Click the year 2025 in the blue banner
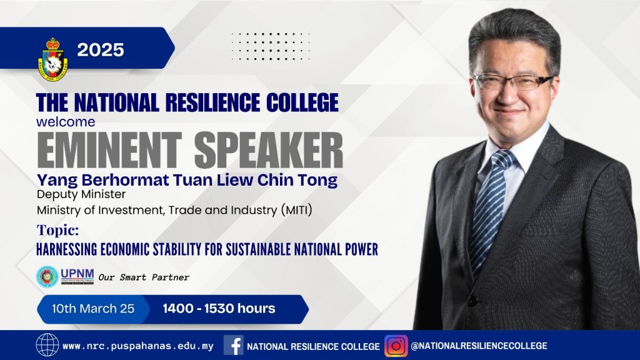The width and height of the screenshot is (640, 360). click(x=101, y=50)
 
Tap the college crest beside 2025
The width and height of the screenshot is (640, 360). click(x=52, y=59)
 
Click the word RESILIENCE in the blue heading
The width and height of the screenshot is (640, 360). click(x=212, y=102)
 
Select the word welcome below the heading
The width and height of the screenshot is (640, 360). click(x=66, y=122)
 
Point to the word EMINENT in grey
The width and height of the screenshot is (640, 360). click(x=109, y=150)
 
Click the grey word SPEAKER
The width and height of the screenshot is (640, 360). click(x=269, y=150)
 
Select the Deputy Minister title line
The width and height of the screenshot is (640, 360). click(x=81, y=194)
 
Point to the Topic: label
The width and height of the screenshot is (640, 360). click(x=57, y=230)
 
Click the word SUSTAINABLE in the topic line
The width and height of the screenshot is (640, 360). click(x=258, y=249)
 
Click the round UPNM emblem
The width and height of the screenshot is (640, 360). click(x=47, y=276)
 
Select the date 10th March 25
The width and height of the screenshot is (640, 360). click(x=93, y=309)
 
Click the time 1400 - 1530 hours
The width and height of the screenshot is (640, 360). click(x=219, y=309)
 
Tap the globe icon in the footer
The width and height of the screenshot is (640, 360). click(x=47, y=345)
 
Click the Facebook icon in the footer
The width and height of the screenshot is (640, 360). click(x=234, y=345)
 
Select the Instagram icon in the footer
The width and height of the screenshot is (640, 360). click(x=396, y=346)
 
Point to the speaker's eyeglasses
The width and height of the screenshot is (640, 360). click(x=514, y=82)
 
